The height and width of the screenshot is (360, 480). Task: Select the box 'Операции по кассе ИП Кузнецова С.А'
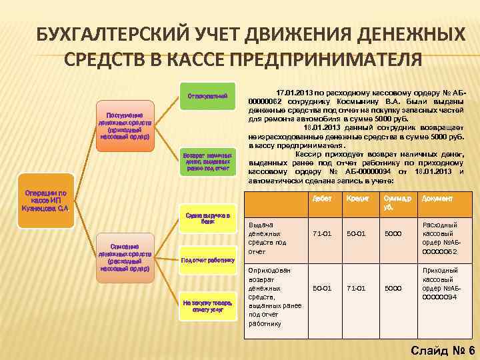point(43,199)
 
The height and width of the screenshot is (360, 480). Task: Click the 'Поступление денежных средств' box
point(125,123)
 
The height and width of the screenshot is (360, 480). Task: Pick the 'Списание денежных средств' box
point(125,256)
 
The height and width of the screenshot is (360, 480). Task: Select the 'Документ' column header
point(437,199)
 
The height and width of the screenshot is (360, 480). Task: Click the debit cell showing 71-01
point(321,234)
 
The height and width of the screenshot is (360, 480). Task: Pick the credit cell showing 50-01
point(357,234)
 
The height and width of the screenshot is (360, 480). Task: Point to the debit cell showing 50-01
point(321,288)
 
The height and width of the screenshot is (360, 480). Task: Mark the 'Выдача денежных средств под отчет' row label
point(267,238)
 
